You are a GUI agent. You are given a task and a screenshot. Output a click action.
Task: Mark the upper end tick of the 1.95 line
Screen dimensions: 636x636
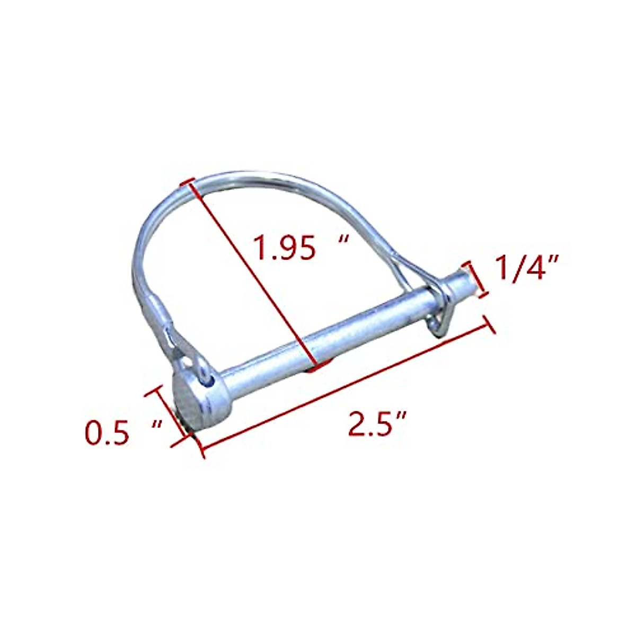tap(185, 182)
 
